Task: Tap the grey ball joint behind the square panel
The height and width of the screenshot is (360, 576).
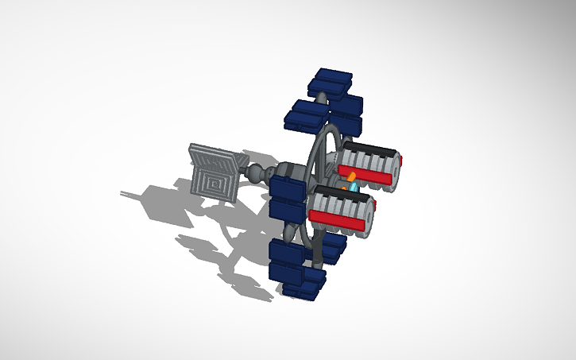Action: point(256,173)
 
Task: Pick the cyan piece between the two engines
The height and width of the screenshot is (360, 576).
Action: point(354,186)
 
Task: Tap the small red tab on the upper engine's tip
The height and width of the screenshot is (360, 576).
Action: point(402,161)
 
